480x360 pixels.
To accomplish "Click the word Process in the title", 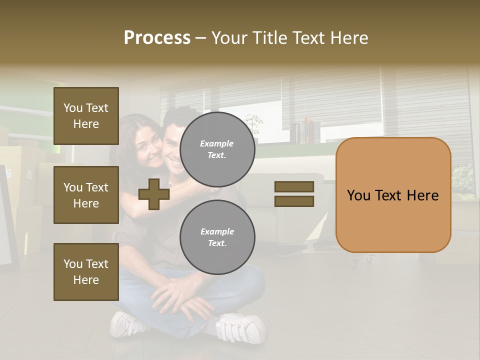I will click(x=157, y=38).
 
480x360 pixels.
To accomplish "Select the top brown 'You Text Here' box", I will click(x=86, y=116).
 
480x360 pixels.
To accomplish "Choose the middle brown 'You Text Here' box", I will click(x=86, y=195).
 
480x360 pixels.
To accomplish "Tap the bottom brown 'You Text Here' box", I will click(x=86, y=272).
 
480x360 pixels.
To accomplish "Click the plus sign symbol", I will click(x=153, y=194).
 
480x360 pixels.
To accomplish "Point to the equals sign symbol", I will click(x=294, y=194).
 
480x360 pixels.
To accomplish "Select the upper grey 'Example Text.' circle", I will click(x=217, y=149).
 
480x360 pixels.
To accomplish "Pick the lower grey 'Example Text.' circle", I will click(x=217, y=237).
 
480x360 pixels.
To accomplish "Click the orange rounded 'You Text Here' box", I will click(x=393, y=195).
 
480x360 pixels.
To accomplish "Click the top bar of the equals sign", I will click(x=294, y=186).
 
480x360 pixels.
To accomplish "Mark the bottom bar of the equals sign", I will click(x=294, y=201).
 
